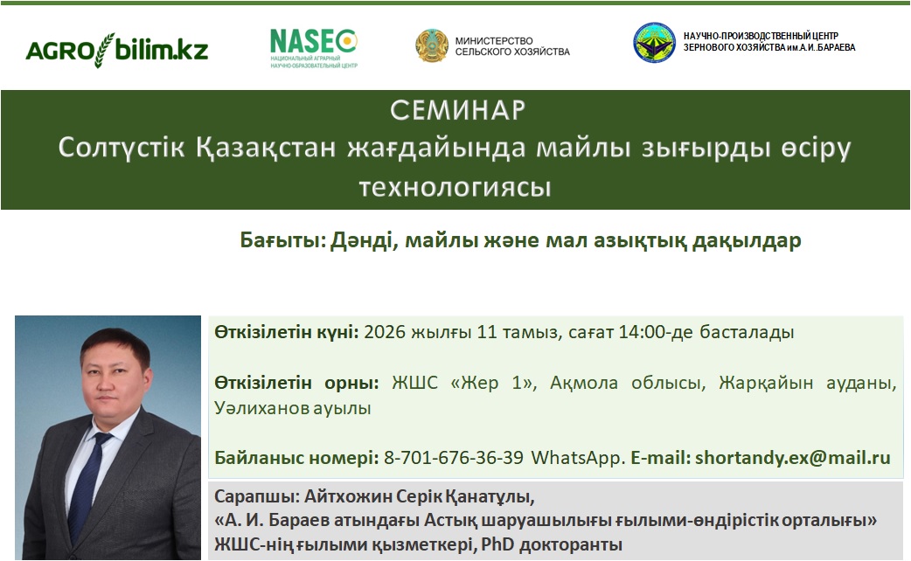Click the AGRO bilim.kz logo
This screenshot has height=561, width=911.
pyautogui.click(x=117, y=50)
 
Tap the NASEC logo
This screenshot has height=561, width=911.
pyautogui.click(x=314, y=49)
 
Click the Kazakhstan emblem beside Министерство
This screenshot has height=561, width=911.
pyautogui.click(x=432, y=46)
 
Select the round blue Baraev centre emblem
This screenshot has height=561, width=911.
pyautogui.click(x=654, y=43)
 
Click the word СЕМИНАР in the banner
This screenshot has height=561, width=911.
pyautogui.click(x=458, y=110)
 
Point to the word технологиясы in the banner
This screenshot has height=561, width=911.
pyautogui.click(x=455, y=187)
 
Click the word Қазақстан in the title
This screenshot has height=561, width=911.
pyautogui.click(x=266, y=148)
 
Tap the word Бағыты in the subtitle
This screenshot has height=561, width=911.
pyautogui.click(x=282, y=240)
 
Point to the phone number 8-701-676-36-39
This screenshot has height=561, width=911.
pyautogui.click(x=453, y=458)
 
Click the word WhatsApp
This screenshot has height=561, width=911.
pyautogui.click(x=576, y=458)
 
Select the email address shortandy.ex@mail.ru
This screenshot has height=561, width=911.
pyautogui.click(x=792, y=458)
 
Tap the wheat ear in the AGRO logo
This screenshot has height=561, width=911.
pyautogui.click(x=104, y=50)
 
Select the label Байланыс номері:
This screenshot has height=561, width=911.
pyautogui.click(x=296, y=458)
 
